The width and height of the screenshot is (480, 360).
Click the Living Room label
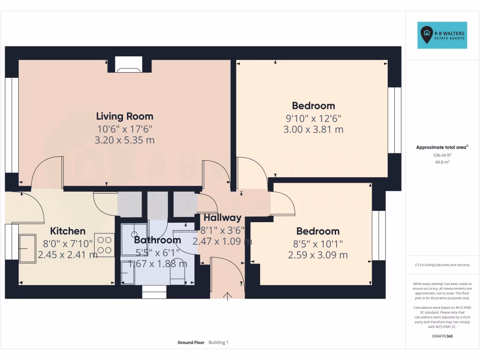click(x=125, y=116)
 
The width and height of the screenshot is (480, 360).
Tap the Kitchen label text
click(x=68, y=231)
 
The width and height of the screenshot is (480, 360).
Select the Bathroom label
click(x=157, y=240)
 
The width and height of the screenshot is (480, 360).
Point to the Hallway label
click(x=222, y=217)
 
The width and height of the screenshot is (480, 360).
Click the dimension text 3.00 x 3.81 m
click(x=313, y=129)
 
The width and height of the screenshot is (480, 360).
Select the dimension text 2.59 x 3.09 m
click(x=318, y=255)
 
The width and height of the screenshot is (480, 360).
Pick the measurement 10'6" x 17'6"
click(x=125, y=128)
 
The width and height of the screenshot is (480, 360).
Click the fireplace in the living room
click(x=128, y=66)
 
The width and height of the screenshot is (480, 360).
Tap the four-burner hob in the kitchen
click(x=104, y=244)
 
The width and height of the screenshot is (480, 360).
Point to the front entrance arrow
click(x=228, y=296)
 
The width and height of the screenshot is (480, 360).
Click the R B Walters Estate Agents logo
click(x=442, y=35)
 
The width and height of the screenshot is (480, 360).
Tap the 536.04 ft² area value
click(x=442, y=155)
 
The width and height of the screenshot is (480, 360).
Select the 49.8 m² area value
click(x=442, y=162)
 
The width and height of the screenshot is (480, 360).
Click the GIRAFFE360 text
click(x=442, y=336)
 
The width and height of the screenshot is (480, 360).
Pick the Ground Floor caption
click(x=191, y=343)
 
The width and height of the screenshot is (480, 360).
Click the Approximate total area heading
click(x=442, y=147)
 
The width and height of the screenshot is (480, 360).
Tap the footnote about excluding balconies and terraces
click(x=442, y=265)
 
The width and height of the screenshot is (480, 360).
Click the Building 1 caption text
click(x=218, y=343)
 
